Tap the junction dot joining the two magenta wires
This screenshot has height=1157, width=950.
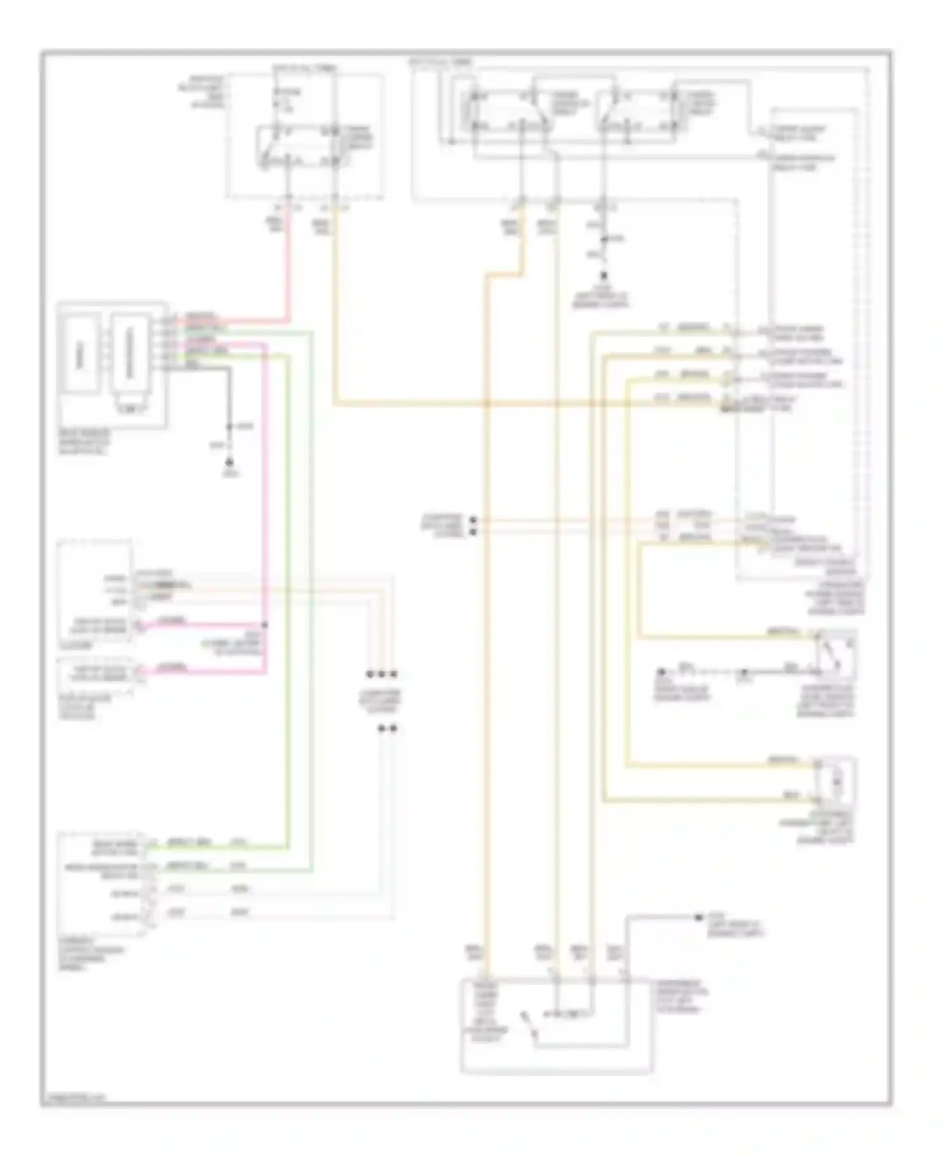265,625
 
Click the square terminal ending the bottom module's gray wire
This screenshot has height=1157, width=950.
699,917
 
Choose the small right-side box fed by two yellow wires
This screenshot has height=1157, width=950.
835,782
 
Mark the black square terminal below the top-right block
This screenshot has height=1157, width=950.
604,277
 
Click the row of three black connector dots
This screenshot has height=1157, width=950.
382,675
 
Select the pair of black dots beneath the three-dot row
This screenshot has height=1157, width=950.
387,729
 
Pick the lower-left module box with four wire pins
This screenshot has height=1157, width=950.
101,885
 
